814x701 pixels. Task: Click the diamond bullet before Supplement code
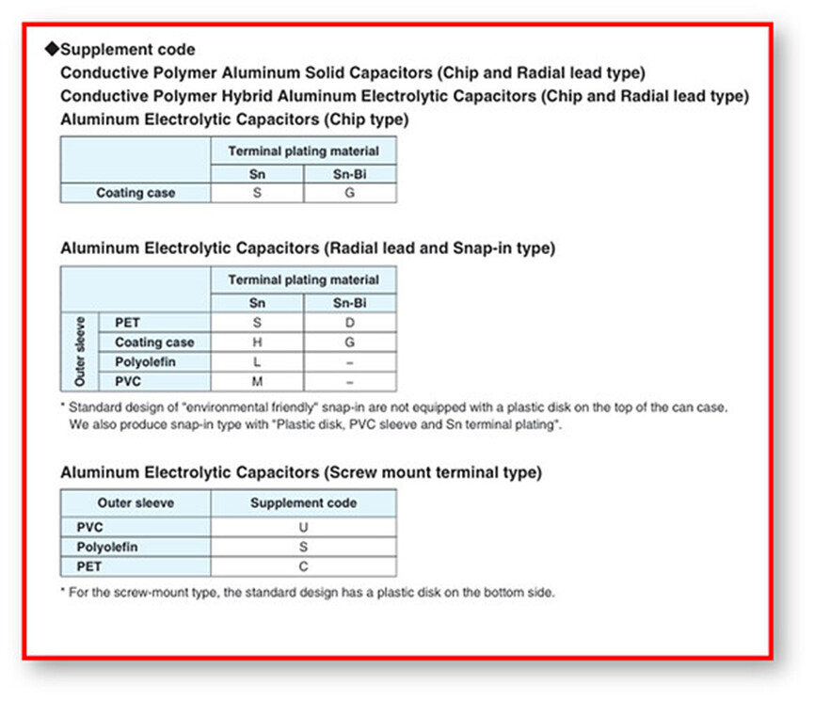coord(52,49)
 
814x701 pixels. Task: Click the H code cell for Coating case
coord(257,343)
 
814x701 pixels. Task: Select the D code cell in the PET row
coord(349,323)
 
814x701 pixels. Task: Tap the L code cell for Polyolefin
coord(257,362)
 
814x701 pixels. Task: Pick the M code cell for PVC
coord(257,382)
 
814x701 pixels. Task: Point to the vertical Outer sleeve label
coord(79,352)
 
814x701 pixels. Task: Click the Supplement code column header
coord(303,503)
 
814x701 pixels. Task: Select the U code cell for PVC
coord(303,527)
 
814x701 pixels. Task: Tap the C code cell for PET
coord(303,566)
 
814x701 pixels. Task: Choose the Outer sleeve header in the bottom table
coord(136,503)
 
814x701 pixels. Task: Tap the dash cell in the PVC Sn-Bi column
coord(349,382)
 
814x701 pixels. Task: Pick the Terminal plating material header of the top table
coord(303,151)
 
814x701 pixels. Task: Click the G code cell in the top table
coord(349,193)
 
